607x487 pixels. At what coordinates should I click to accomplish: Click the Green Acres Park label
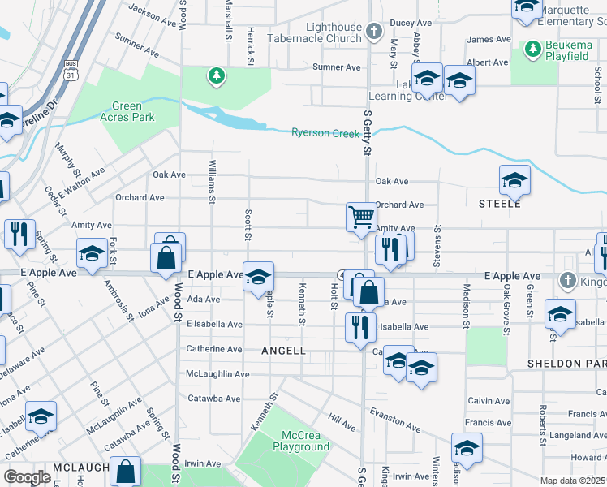[x=127, y=111]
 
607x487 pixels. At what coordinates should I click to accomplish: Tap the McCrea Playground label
[x=301, y=441]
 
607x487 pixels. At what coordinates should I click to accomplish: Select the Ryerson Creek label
[x=325, y=132]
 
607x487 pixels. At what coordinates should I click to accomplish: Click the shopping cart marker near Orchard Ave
[x=361, y=217]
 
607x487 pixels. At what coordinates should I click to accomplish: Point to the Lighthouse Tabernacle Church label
[x=322, y=32]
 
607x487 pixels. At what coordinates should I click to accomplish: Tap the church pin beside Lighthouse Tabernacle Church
[x=373, y=32]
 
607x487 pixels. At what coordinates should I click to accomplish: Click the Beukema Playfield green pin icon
[x=532, y=48]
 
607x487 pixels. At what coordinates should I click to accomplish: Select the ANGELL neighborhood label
[x=283, y=351]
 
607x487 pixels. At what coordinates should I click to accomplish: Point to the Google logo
[x=27, y=477]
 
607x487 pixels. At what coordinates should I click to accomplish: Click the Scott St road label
[x=247, y=226]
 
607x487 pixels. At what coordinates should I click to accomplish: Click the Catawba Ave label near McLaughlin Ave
[x=213, y=399]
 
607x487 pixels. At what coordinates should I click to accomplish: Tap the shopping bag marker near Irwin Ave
[x=127, y=472]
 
